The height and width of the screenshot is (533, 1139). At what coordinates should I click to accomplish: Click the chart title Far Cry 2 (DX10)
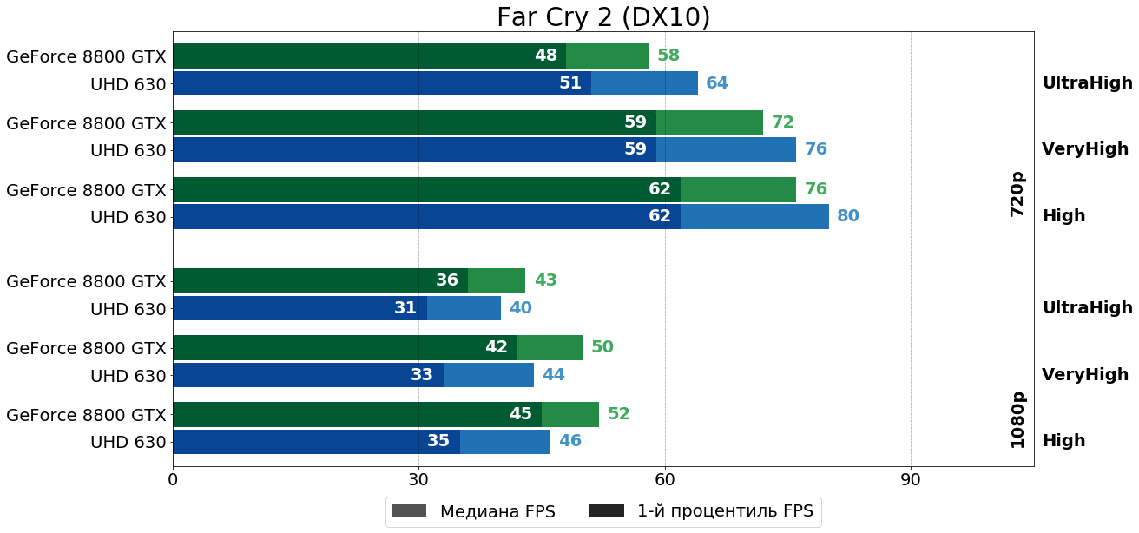pos(603,17)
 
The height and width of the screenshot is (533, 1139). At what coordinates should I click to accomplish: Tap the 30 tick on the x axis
pos(418,479)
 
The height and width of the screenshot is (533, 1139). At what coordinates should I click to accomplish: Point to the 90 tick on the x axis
pos(911,479)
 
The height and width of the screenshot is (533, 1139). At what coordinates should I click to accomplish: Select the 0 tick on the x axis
pos(173,479)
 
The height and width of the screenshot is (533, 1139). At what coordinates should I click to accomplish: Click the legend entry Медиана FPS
pos(473,511)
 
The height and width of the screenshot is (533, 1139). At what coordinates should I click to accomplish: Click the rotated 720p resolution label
pos(1017,194)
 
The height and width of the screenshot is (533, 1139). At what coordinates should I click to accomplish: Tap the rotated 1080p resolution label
pos(1017,419)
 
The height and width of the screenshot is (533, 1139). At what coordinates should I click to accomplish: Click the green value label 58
pos(668,56)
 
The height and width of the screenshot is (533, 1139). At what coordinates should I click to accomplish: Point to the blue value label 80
pos(848,216)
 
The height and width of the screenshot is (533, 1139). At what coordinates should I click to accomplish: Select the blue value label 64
pos(717,83)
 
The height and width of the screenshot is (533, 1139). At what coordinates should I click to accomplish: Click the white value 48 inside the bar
pos(546,56)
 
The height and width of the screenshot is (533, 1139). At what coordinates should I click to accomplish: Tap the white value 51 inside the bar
pos(570,83)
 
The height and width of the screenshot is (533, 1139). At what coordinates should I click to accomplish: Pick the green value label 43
pos(545,280)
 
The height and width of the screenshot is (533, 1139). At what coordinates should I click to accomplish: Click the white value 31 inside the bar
pos(405,308)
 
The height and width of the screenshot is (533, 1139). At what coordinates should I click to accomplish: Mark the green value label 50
pos(602,347)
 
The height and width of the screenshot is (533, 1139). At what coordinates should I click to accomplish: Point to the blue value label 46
pos(570,441)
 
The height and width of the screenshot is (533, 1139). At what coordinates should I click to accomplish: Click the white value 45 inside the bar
pos(521,414)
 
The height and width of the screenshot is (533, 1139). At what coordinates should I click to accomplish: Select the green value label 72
pos(783,122)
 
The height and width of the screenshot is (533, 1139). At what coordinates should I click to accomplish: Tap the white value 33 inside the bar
pos(422,375)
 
